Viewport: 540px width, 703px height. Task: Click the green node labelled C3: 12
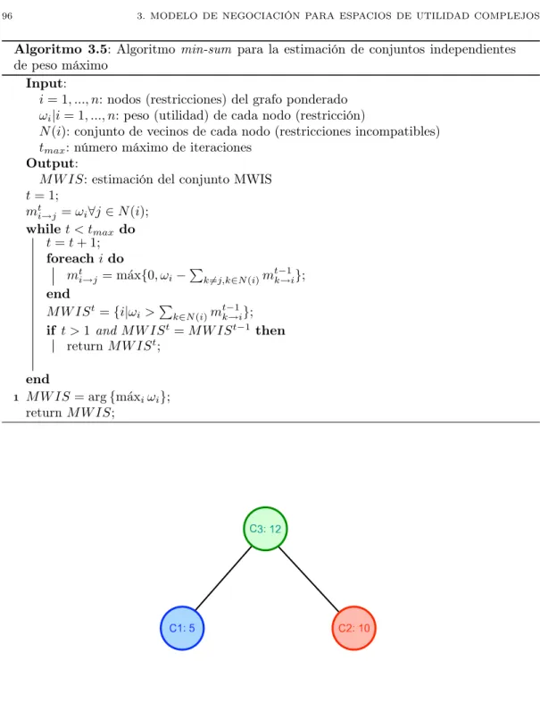point(265,529)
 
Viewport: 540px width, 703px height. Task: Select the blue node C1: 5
point(182,628)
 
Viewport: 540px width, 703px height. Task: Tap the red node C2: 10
point(354,628)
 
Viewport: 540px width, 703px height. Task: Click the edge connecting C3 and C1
point(224,578)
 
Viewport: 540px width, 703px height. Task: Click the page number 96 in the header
point(7,16)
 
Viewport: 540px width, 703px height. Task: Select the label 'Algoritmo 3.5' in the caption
point(61,49)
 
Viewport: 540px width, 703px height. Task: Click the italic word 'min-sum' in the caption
point(206,49)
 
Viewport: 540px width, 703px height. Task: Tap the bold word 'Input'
point(45,83)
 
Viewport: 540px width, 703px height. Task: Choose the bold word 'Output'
point(51,163)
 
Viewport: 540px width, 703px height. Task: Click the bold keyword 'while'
point(44,229)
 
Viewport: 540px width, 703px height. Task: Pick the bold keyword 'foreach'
point(71,258)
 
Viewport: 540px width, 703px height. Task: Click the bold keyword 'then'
point(270,331)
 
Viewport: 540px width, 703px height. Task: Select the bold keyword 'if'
point(51,331)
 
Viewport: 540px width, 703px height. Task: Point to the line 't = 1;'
point(42,196)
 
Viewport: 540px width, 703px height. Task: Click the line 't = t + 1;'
point(73,243)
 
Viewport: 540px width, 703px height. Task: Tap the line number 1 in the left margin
point(16,398)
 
